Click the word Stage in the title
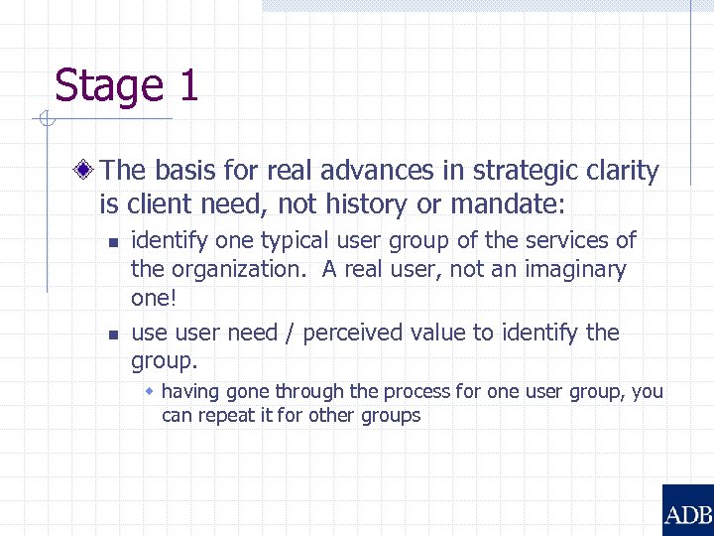(109, 86)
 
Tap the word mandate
(504, 204)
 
